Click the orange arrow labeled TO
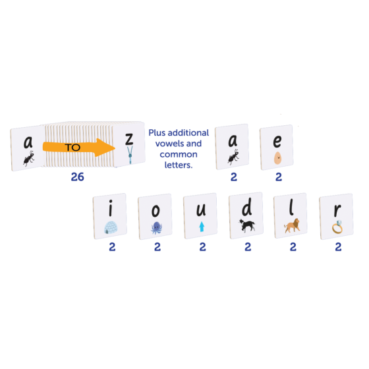tap(79, 148)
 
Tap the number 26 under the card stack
tap(78, 177)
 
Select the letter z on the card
tap(129, 139)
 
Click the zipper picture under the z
tap(130, 155)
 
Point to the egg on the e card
tap(277, 158)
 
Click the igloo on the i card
tap(111, 227)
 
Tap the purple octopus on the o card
tap(156, 228)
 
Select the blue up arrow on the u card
tap(202, 227)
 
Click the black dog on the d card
tap(246, 225)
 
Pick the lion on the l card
tap(292, 225)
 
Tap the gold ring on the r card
tap(337, 227)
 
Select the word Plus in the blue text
tap(157, 132)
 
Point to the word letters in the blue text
tap(179, 165)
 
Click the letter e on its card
tap(277, 141)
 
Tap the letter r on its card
tap(337, 210)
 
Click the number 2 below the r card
tap(338, 247)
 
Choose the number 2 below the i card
tap(112, 247)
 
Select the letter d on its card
tap(247, 207)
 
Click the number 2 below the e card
tap(279, 177)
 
